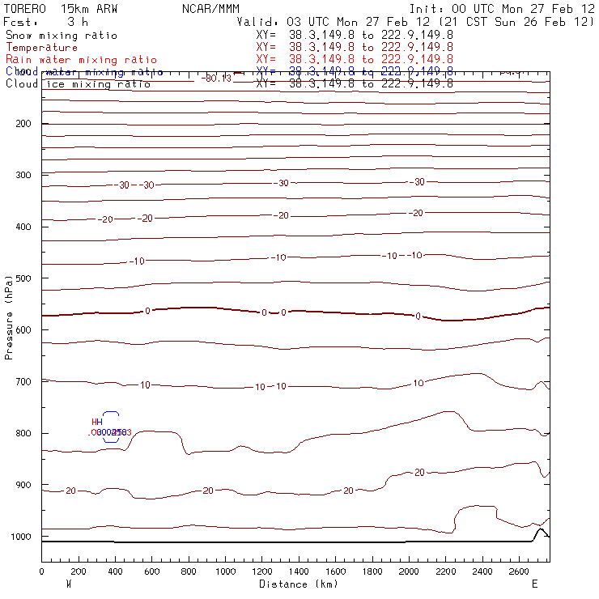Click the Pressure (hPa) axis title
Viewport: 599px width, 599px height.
(9, 316)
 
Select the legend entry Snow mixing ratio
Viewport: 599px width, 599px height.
(62, 36)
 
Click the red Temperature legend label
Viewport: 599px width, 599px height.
(41, 48)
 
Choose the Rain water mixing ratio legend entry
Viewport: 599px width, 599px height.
(81, 60)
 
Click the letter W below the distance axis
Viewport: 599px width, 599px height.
(67, 584)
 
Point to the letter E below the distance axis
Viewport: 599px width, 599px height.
(533, 584)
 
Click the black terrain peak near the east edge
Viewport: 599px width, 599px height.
(541, 529)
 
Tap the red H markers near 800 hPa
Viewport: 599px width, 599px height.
(97, 422)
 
